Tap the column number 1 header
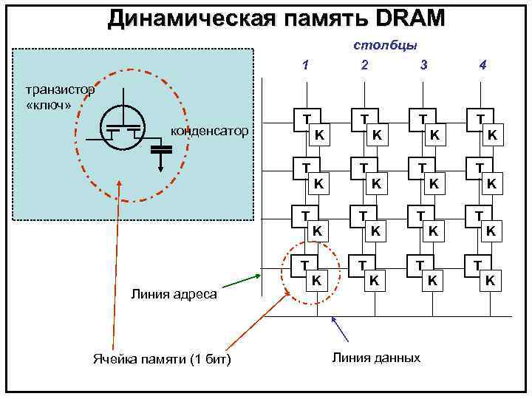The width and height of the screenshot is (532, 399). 305,64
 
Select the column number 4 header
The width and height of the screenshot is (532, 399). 482,64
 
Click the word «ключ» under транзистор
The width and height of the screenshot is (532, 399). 48,103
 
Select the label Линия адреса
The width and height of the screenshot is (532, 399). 174,294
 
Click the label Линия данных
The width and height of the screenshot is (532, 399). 376,358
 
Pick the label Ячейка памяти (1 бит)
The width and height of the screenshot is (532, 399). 162,360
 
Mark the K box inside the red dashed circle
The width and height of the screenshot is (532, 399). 316,281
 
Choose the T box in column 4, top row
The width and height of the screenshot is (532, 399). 481,119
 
